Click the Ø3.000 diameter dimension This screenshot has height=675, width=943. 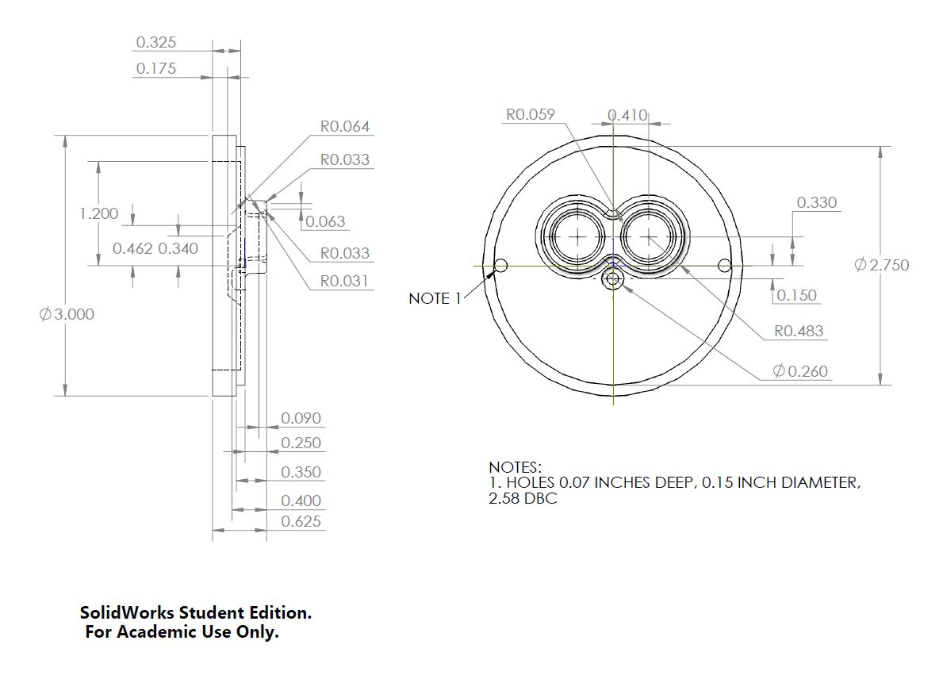[x=67, y=314]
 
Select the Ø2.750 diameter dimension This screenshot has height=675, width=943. [x=881, y=265]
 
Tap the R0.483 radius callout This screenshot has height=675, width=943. [x=799, y=332]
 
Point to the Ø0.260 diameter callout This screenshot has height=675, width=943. [x=801, y=371]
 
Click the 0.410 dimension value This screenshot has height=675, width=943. [x=627, y=116]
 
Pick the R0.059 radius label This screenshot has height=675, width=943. [x=531, y=114]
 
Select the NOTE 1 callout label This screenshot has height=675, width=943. [x=435, y=298]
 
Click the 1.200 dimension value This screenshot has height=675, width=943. [x=99, y=213]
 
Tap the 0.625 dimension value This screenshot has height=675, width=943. [x=301, y=521]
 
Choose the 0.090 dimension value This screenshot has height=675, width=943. [x=301, y=418]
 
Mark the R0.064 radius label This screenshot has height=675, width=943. [x=345, y=126]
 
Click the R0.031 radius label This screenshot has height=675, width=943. [x=345, y=281]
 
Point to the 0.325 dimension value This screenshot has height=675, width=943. [x=156, y=42]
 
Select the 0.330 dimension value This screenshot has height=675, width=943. [x=817, y=203]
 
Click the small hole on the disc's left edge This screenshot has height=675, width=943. [x=501, y=265]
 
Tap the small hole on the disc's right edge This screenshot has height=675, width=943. [x=724, y=265]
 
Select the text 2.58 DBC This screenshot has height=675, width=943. [x=523, y=499]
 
